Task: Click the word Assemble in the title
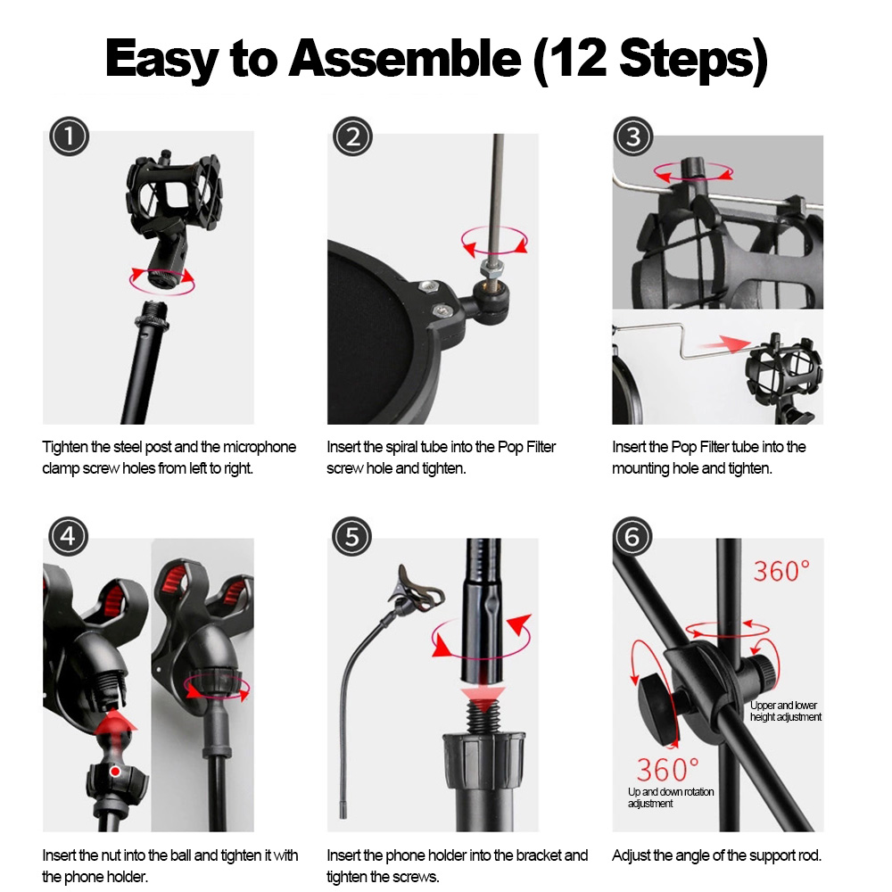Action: click(x=405, y=58)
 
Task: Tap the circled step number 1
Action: click(x=69, y=136)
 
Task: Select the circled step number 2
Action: click(x=352, y=137)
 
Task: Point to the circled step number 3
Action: click(x=633, y=136)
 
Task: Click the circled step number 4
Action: click(x=69, y=536)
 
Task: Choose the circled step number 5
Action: click(x=352, y=536)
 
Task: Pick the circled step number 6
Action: click(x=632, y=536)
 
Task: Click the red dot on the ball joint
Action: click(x=115, y=772)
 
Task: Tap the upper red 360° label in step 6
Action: click(x=781, y=571)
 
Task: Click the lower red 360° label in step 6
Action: click(x=667, y=770)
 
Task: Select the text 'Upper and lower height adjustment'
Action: click(x=786, y=711)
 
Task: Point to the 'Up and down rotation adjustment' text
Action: click(x=671, y=797)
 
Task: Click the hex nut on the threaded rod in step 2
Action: click(x=492, y=265)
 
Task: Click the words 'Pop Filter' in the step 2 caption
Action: click(x=526, y=447)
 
